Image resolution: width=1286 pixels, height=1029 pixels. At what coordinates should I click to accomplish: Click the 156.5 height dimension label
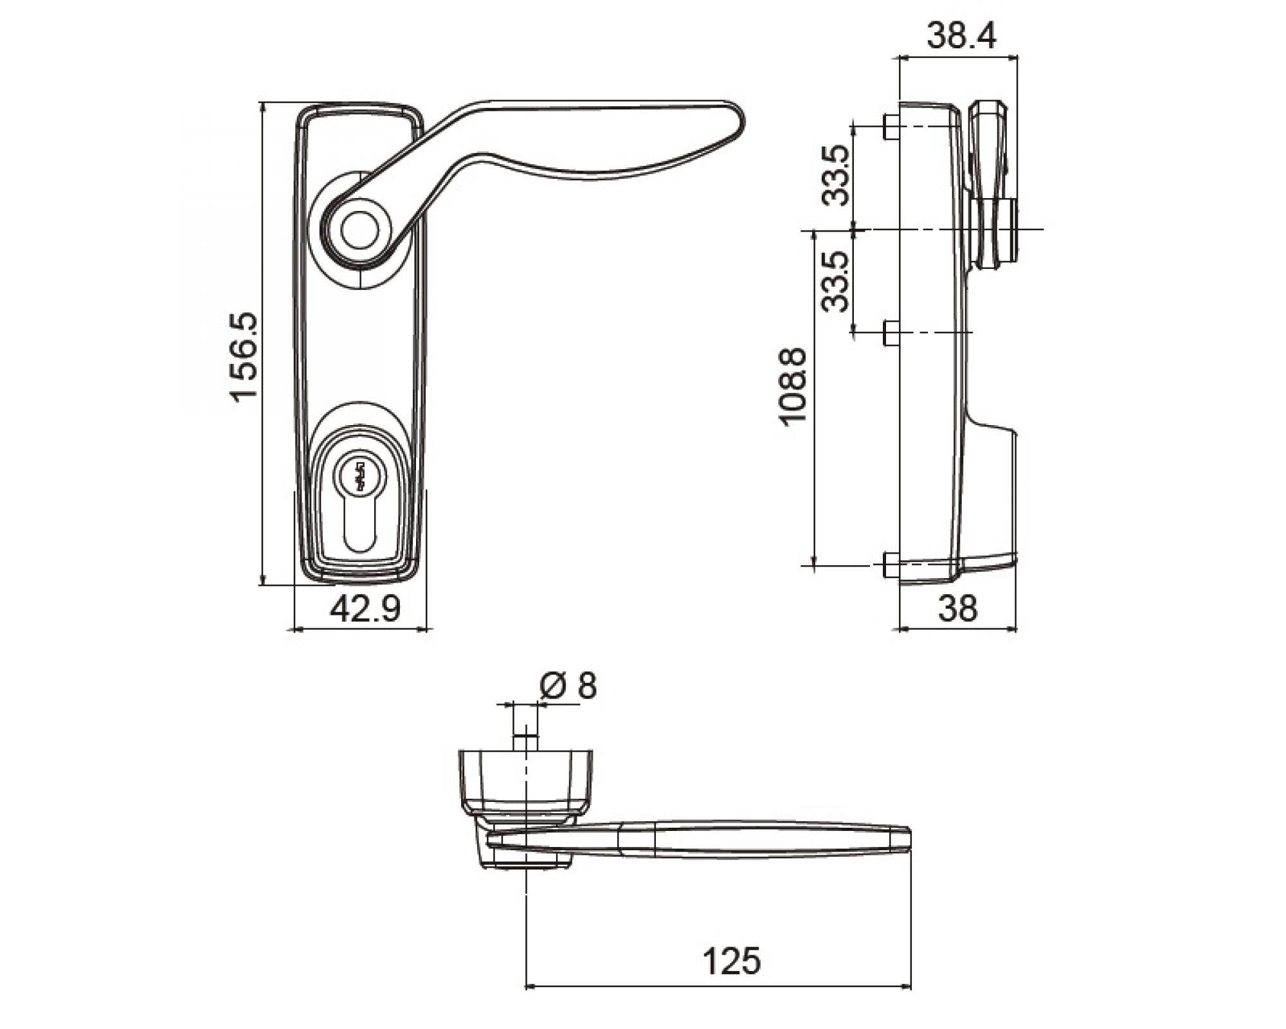pyautogui.click(x=244, y=357)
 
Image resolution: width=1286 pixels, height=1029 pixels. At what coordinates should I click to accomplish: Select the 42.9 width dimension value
pyautogui.click(x=365, y=608)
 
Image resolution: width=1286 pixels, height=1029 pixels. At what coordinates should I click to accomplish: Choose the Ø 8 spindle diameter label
pyautogui.click(x=568, y=686)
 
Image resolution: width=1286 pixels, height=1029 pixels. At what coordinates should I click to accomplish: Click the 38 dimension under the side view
pyautogui.click(x=957, y=608)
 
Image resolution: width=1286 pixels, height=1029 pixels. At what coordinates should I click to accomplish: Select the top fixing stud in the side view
pyautogui.click(x=891, y=127)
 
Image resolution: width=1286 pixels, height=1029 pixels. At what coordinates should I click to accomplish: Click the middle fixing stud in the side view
pyautogui.click(x=891, y=332)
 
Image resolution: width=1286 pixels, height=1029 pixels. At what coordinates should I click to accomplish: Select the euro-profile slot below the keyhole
pyautogui.click(x=360, y=524)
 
